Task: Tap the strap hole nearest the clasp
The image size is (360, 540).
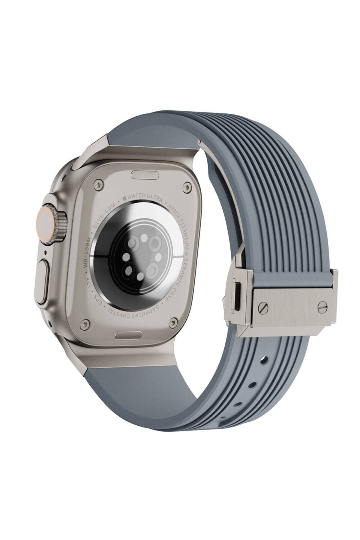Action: click(263, 359)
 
